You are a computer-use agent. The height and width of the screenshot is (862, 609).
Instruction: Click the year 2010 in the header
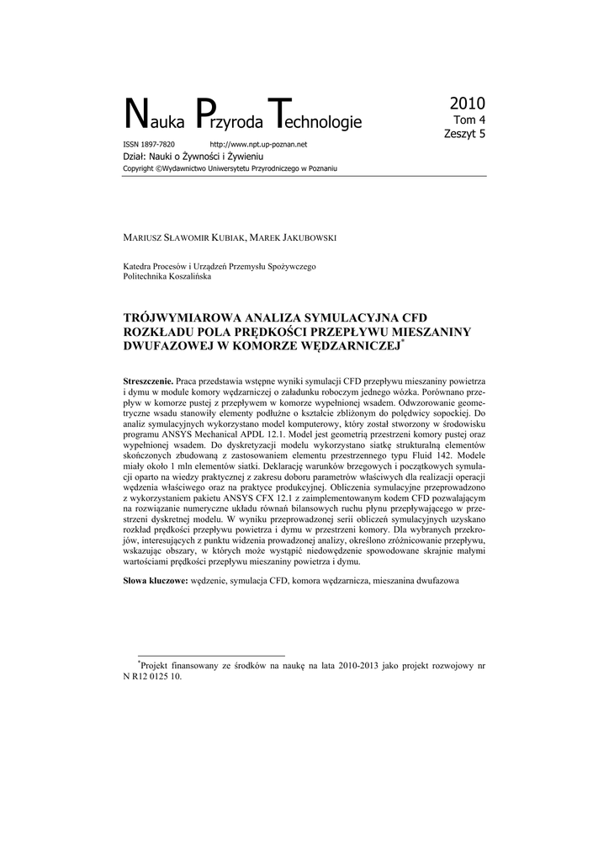pyautogui.click(x=467, y=104)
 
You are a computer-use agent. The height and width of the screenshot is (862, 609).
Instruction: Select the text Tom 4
pyautogui.click(x=469, y=120)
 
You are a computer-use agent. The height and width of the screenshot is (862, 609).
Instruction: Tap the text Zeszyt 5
pyautogui.click(x=464, y=133)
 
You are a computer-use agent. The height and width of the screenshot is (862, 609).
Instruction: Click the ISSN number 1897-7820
pyautogui.click(x=156, y=145)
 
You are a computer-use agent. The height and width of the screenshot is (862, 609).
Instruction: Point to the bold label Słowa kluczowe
pyautogui.click(x=155, y=582)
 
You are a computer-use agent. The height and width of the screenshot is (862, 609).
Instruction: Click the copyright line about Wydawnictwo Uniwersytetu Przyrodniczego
pyautogui.click(x=230, y=168)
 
